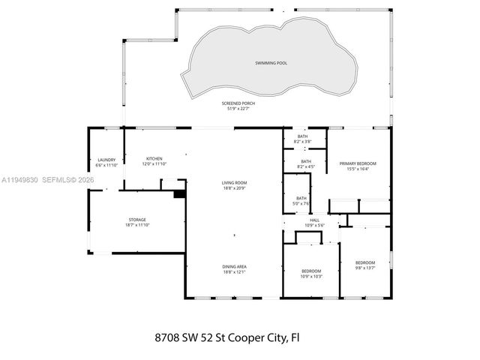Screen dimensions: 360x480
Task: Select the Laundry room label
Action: click(x=106, y=160)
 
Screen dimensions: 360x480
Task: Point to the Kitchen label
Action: click(x=154, y=159)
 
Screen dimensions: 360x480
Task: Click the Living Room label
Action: click(x=234, y=182)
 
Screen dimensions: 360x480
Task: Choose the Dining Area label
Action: click(x=234, y=266)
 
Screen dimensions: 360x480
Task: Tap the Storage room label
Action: click(x=136, y=220)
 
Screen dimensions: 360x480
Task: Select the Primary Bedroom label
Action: click(x=358, y=163)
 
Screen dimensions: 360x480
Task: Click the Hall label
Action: click(x=314, y=220)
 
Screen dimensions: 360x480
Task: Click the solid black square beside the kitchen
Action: click(x=178, y=193)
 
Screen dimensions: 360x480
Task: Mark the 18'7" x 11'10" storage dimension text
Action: click(x=136, y=225)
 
